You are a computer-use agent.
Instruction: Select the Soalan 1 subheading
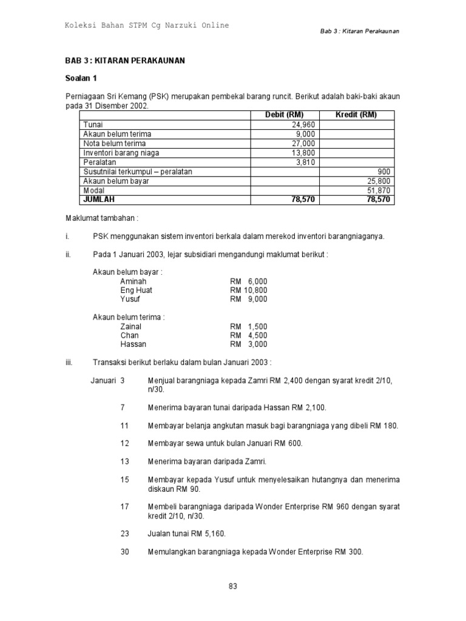point(81,78)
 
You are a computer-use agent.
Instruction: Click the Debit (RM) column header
point(285,115)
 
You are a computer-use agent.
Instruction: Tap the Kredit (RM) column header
point(356,115)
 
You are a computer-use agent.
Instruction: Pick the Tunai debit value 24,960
point(303,125)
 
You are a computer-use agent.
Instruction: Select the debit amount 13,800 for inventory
point(303,153)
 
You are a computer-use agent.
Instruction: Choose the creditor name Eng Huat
point(136,290)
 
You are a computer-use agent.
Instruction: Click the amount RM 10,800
point(248,290)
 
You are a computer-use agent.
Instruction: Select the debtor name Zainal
point(131,326)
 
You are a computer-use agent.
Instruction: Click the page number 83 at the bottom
point(233,585)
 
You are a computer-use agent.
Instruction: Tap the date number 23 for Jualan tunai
point(124,534)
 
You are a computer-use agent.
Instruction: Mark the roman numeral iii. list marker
point(69,362)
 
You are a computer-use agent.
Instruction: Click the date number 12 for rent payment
point(124,443)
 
